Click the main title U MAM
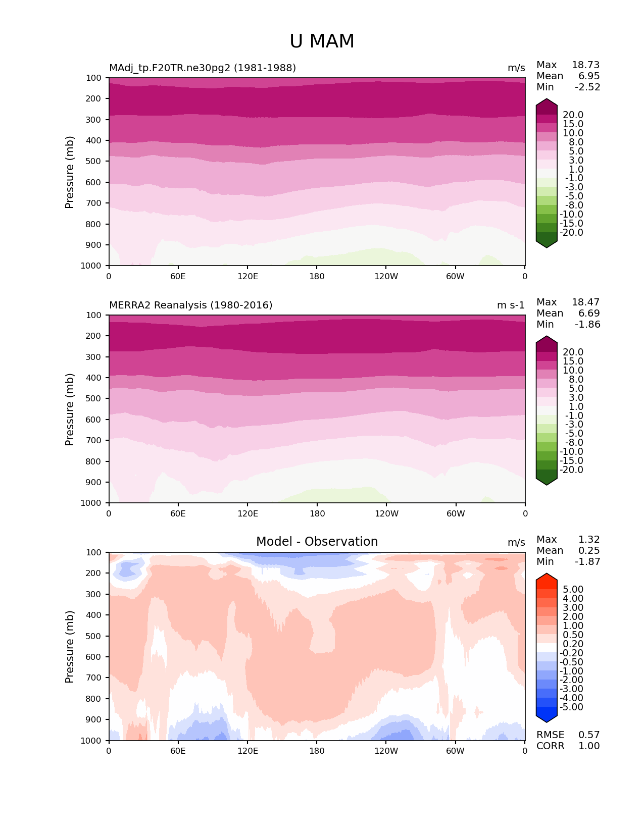(322, 41)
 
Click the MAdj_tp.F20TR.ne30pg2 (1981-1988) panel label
(203, 68)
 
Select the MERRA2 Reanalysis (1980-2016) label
(191, 305)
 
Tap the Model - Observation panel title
(317, 542)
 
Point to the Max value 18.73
(585, 65)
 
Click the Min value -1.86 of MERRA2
(587, 325)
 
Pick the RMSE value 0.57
(589, 735)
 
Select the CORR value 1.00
(589, 746)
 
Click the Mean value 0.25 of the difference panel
(589, 551)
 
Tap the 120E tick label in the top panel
(247, 277)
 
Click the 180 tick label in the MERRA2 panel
(317, 514)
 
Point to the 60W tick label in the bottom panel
(455, 751)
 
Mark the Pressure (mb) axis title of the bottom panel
(70, 647)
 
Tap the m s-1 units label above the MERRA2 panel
(511, 305)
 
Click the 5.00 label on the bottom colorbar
(573, 590)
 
